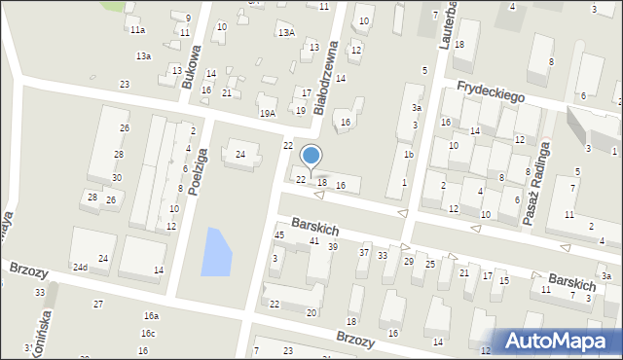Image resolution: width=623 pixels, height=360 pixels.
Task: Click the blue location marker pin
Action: point(311,157)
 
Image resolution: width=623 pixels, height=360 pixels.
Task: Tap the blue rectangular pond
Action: point(216,251)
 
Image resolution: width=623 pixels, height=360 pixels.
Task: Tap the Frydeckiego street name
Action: point(492,92)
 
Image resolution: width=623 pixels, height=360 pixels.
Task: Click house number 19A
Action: point(268,114)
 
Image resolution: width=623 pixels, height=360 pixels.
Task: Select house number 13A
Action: point(286,33)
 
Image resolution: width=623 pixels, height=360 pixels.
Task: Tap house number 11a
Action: point(138,30)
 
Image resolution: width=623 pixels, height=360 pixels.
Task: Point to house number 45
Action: point(279,235)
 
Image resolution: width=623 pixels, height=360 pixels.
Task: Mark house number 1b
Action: point(409,155)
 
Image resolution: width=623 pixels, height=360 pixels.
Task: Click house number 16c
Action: point(147,334)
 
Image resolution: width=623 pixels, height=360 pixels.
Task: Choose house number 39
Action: point(333,247)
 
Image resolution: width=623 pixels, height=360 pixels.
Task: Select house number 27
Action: point(98,305)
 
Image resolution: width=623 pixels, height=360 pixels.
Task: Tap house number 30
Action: point(117,178)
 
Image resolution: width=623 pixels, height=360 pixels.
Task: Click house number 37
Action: point(364,253)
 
